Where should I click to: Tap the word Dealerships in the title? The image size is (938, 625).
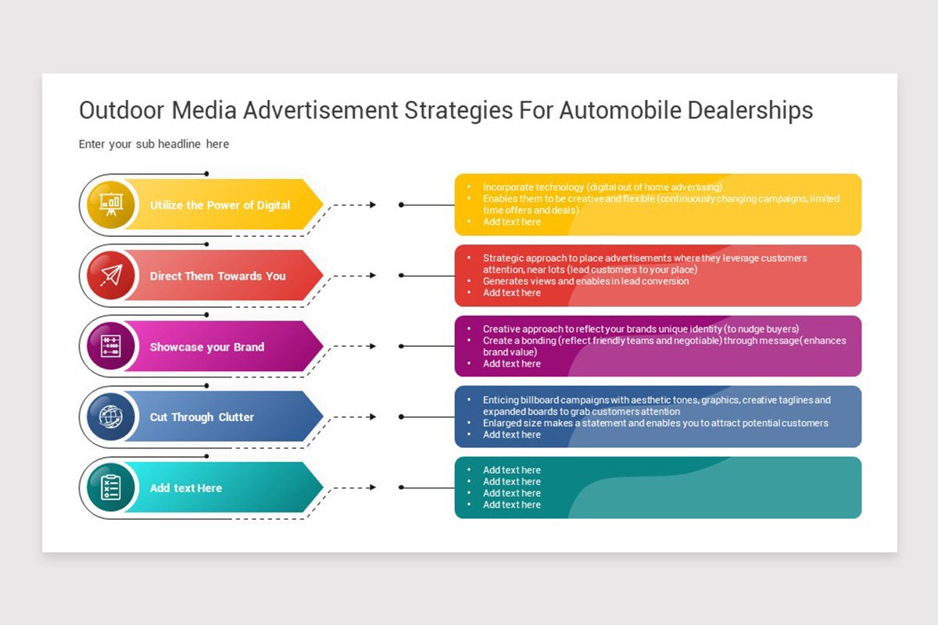(750, 111)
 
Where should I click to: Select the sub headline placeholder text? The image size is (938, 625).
(154, 144)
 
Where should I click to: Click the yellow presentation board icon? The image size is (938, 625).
(111, 204)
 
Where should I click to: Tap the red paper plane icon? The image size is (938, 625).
(111, 275)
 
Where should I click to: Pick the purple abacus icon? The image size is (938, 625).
(111, 346)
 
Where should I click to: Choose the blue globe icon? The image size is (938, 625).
(111, 416)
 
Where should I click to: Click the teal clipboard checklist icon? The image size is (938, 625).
(111, 487)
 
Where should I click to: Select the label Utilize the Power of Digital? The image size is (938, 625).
(220, 205)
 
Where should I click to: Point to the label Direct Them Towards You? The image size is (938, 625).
(218, 276)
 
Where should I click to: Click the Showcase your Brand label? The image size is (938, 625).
(207, 347)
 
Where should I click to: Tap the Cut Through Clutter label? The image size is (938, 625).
(202, 417)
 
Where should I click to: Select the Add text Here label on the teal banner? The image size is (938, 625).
(186, 488)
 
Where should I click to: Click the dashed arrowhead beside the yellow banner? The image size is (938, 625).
(373, 205)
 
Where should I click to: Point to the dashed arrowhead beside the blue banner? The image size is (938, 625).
(373, 416)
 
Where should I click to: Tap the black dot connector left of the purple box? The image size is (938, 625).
(401, 346)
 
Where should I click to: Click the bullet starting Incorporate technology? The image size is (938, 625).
(603, 187)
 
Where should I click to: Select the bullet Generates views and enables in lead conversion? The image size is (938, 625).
(585, 281)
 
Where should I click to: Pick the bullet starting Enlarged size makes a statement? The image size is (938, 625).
(655, 423)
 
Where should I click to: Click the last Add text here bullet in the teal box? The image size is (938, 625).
(512, 505)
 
